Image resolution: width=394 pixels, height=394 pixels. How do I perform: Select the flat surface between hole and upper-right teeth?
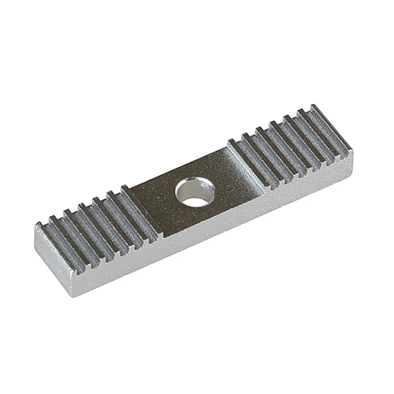pos(231,170)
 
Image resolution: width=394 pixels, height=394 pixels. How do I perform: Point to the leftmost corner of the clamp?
pos(35,227)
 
